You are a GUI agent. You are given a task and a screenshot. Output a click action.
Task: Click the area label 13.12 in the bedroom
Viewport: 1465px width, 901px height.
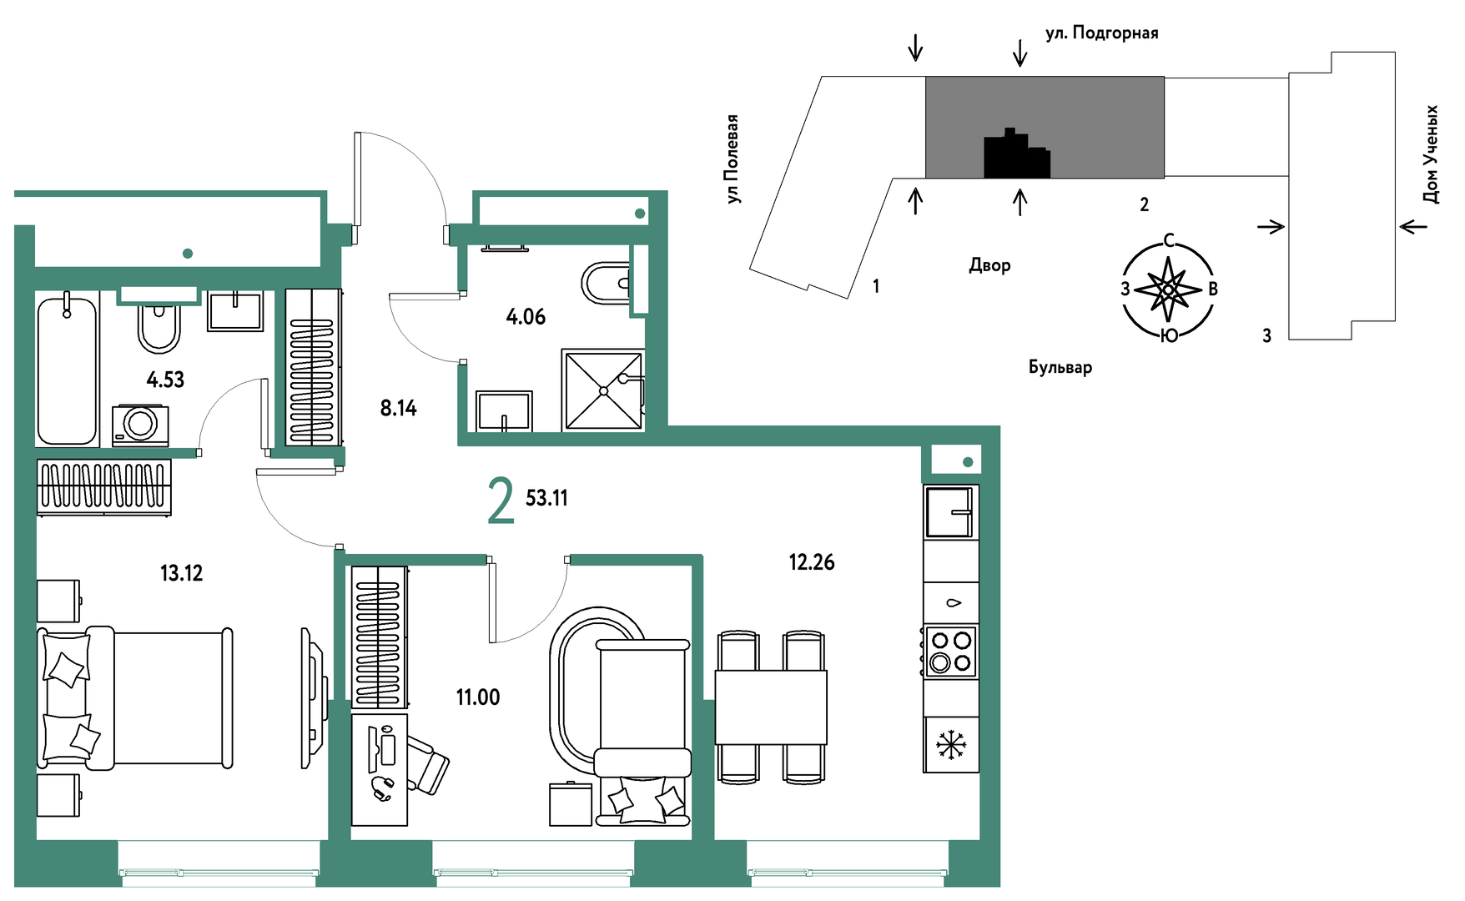click(181, 573)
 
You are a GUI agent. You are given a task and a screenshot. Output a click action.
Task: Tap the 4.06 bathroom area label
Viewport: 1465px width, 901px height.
click(526, 317)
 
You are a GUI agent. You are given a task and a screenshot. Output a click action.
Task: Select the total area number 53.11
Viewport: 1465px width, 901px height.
click(546, 498)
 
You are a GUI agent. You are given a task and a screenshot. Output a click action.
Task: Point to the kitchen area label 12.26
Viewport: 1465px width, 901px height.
click(812, 562)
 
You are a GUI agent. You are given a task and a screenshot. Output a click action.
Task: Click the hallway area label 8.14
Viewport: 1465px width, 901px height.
click(398, 408)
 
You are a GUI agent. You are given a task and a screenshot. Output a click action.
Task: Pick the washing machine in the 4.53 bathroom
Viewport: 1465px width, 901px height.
click(140, 425)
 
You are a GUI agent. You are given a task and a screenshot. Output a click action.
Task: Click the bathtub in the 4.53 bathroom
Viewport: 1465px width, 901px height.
click(67, 370)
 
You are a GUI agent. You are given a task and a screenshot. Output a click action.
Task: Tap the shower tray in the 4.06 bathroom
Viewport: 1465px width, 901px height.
click(603, 390)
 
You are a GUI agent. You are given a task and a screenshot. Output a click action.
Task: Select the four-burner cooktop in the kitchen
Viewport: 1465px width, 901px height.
click(951, 652)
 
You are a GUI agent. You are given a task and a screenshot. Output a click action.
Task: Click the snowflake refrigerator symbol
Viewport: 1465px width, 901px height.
click(951, 744)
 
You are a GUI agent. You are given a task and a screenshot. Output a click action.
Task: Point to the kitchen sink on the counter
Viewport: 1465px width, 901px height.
click(950, 511)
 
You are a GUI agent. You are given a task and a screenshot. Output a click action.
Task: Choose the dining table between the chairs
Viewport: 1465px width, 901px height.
click(771, 707)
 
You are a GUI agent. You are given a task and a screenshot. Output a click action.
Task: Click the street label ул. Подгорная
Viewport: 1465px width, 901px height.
click(1102, 33)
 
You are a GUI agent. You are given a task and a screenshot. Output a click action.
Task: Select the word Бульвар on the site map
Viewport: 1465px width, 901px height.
click(1060, 367)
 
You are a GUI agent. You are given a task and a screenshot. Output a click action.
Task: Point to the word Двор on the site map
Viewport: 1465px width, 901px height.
click(989, 265)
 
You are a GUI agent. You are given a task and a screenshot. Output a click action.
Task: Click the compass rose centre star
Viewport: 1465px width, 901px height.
click(1168, 289)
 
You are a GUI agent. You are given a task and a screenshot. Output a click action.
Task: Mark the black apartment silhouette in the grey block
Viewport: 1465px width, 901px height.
click(1017, 154)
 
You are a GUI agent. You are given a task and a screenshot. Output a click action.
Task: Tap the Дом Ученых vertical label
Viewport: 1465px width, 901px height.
click(1431, 154)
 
